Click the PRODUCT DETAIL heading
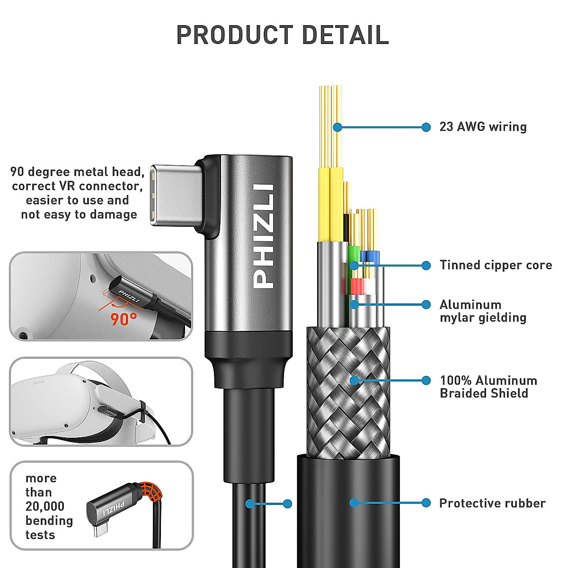(283, 35)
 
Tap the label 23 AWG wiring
(483, 127)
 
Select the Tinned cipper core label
(496, 265)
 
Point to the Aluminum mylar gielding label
(483, 311)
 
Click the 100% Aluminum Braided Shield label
(488, 387)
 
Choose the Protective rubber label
(492, 503)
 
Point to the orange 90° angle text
(124, 319)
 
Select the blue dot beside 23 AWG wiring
(426, 127)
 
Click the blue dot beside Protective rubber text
(426, 503)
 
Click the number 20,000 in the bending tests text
(45, 506)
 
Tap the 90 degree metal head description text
(78, 193)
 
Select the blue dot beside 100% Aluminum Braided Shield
(426, 380)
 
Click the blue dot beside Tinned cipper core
(426, 265)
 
